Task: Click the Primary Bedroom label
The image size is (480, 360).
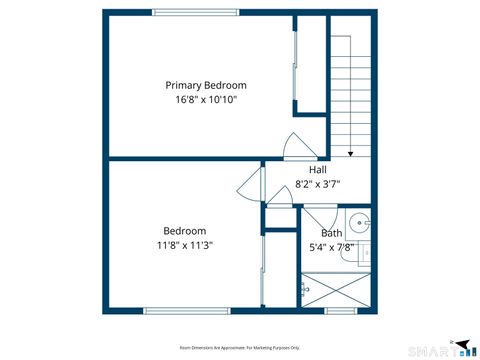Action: pos(206,85)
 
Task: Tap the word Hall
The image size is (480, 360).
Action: pos(317,170)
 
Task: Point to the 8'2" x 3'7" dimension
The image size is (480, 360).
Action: pos(317,184)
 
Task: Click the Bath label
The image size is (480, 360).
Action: pos(331,233)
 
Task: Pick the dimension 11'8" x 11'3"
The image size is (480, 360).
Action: pos(185,245)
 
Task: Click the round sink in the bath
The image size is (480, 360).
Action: pos(361,223)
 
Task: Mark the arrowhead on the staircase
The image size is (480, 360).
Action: pos(351,154)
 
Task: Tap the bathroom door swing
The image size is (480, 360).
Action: pos(318,217)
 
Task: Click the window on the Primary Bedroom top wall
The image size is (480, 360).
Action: pos(195,12)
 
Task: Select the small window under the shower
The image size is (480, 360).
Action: pos(341,311)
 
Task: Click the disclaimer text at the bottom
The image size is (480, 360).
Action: pos(239,347)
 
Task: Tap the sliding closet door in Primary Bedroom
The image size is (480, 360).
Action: pos(293,65)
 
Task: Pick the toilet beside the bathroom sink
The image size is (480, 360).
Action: pos(366,255)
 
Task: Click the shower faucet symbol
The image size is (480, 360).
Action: pos(304,289)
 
